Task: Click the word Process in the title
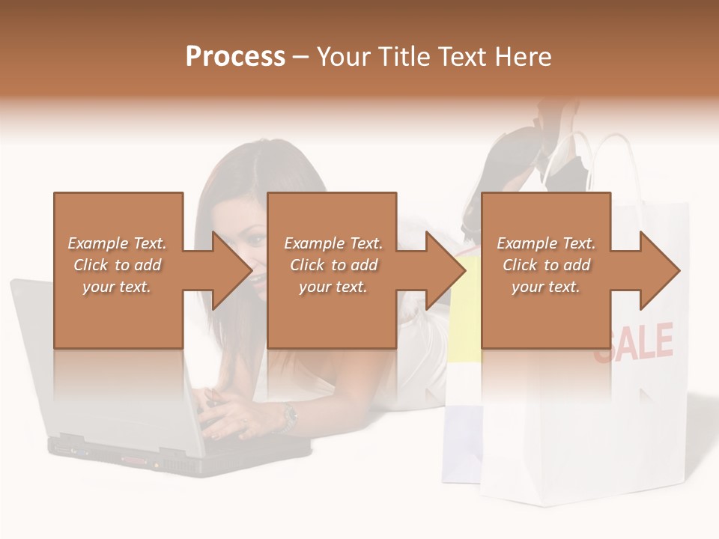click(x=235, y=57)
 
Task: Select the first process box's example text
click(x=117, y=265)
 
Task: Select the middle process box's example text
click(x=333, y=265)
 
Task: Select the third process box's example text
click(x=546, y=265)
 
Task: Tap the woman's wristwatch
click(x=289, y=416)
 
